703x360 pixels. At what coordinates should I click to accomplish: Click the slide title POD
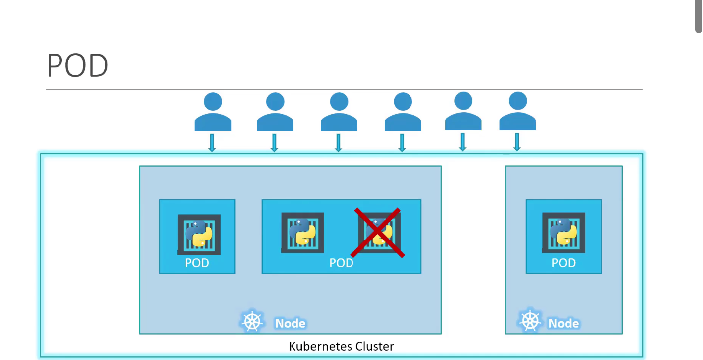(77, 66)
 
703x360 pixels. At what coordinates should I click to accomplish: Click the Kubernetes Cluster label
(341, 346)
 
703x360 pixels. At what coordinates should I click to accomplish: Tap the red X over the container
(378, 233)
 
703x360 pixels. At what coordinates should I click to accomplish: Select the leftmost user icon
(213, 113)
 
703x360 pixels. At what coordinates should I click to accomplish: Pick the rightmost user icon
(517, 112)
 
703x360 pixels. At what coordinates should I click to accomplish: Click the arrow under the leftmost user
(212, 142)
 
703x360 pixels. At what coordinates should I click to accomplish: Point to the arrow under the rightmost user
(517, 142)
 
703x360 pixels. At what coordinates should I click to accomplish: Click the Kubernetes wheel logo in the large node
(252, 322)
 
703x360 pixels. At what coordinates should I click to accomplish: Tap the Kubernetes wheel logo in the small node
(529, 321)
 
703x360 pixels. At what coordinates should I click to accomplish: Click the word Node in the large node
(290, 324)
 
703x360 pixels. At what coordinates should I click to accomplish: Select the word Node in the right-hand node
(563, 324)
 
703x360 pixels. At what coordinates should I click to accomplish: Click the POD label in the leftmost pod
(197, 263)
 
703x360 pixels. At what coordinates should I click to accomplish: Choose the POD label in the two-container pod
(341, 263)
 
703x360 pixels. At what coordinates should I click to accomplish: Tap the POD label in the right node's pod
(563, 263)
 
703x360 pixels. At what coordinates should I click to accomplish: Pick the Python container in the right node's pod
(563, 233)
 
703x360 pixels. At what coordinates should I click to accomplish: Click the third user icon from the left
(339, 113)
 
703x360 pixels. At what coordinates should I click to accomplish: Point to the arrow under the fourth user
(402, 142)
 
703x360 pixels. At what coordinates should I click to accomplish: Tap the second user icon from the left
(275, 113)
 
